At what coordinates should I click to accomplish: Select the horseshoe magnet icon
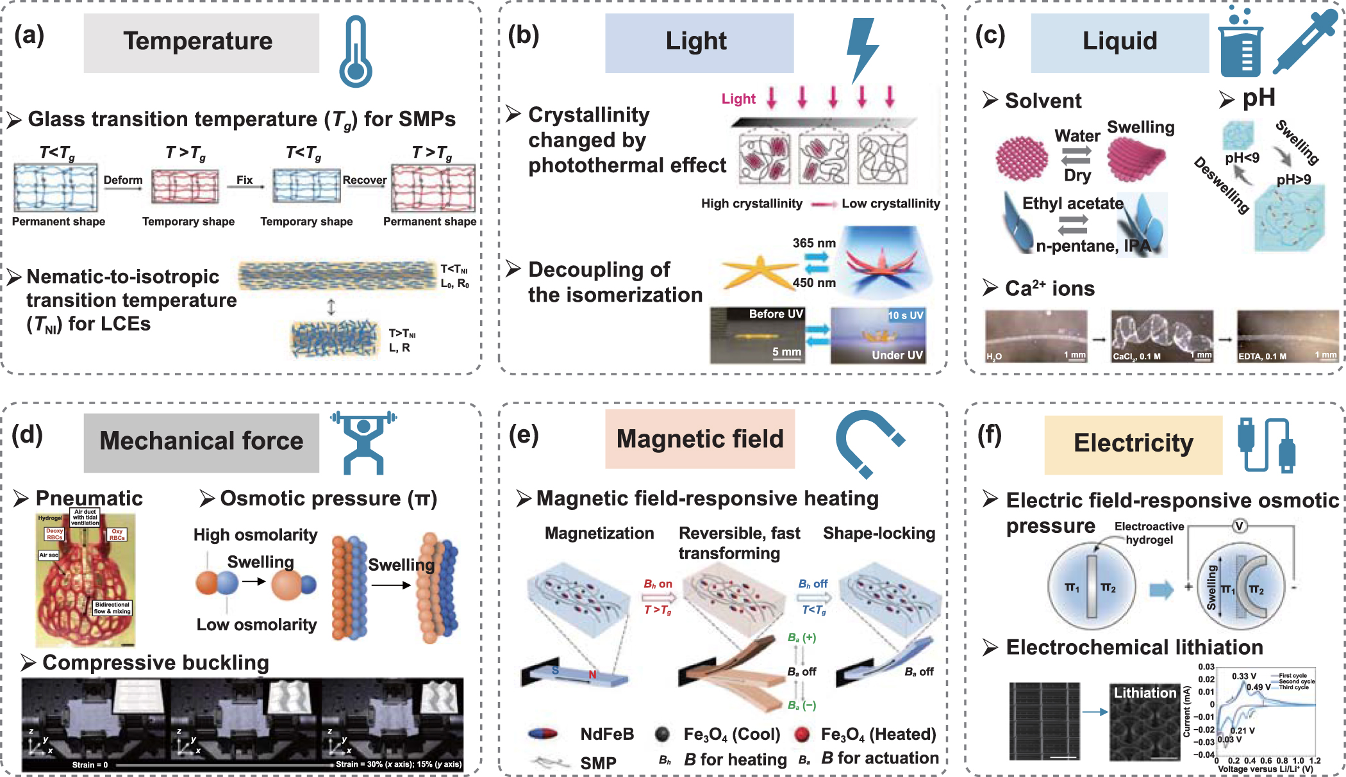pyautogui.click(x=867, y=442)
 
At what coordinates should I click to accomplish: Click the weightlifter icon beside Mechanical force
pyautogui.click(x=363, y=442)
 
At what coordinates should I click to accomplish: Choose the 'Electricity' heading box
pyautogui.click(x=1133, y=444)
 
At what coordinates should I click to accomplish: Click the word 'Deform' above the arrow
pyautogui.click(x=123, y=180)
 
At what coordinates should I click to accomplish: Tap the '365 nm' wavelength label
pyautogui.click(x=814, y=243)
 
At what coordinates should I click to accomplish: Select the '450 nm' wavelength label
pyautogui.click(x=814, y=282)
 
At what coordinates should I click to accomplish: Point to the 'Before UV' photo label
pyautogui.click(x=776, y=314)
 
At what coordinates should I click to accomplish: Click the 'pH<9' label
pyautogui.click(x=1242, y=158)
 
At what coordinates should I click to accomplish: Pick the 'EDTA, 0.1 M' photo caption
pyautogui.click(x=1262, y=356)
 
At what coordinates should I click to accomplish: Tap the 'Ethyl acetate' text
pyautogui.click(x=1072, y=204)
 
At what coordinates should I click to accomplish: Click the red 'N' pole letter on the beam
pyautogui.click(x=592, y=675)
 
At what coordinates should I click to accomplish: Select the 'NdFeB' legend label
pyautogui.click(x=606, y=734)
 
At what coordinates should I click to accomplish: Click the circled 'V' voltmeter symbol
pyautogui.click(x=1239, y=526)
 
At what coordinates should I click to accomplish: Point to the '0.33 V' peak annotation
pyautogui.click(x=1243, y=676)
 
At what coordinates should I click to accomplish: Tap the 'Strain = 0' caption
pyautogui.click(x=90, y=765)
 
